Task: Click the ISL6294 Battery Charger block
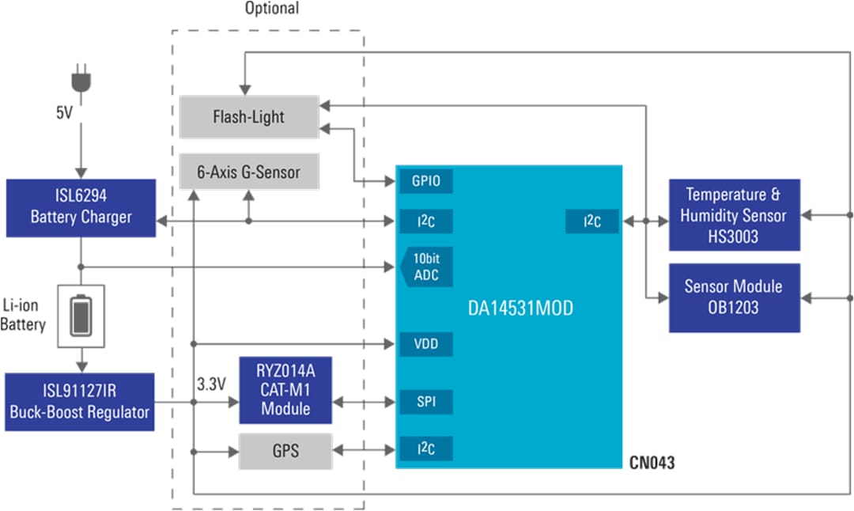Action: point(81,207)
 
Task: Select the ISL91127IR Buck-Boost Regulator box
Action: point(80,402)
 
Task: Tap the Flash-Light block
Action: point(248,117)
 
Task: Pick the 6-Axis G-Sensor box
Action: point(248,171)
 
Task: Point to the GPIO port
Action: point(426,181)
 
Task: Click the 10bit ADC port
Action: point(426,268)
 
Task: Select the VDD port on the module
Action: point(426,344)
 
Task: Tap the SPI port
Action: point(426,403)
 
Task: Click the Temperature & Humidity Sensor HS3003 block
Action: point(734,214)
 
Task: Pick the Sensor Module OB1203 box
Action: point(734,297)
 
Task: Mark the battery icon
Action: point(81,315)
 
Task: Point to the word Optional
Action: point(272,9)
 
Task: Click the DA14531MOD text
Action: point(520,308)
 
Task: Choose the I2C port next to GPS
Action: point(426,449)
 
